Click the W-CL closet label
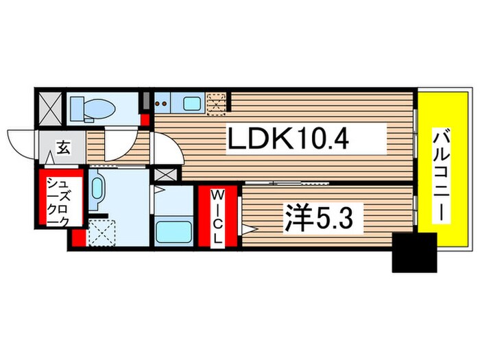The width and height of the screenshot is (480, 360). coord(217,219)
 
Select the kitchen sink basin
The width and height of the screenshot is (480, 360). coord(191,104)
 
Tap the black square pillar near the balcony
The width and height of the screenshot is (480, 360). coord(414,252)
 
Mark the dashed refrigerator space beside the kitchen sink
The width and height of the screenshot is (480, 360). coord(217,103)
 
